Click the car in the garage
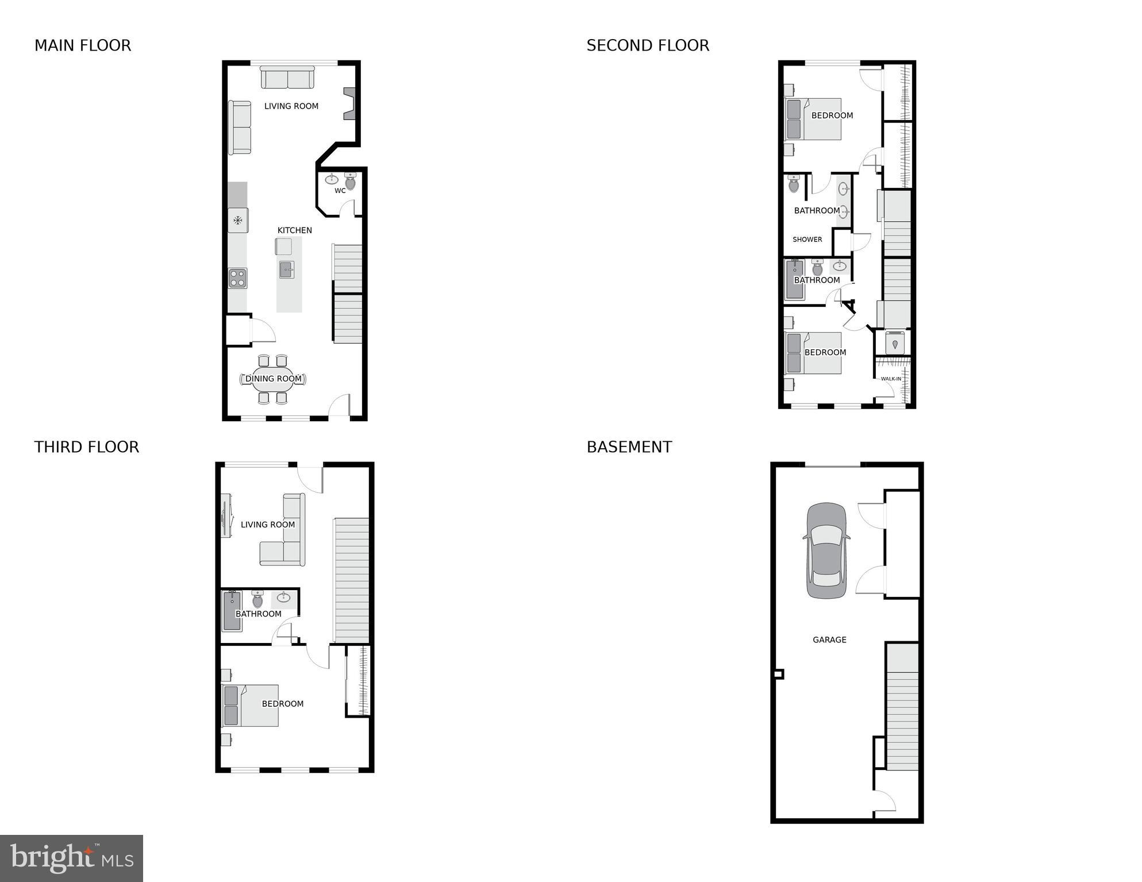click(x=826, y=550)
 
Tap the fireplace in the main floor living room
click(x=349, y=103)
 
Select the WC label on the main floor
click(x=340, y=191)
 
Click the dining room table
click(x=273, y=379)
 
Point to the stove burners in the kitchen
click(x=237, y=278)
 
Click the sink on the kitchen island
click(x=287, y=269)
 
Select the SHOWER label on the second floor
click(x=807, y=240)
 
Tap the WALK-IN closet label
click(x=891, y=379)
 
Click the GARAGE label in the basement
click(x=829, y=640)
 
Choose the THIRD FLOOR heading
click(x=86, y=447)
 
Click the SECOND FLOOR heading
click(x=648, y=45)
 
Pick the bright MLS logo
click(x=71, y=858)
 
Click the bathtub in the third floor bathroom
click(x=232, y=611)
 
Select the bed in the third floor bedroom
click(x=251, y=705)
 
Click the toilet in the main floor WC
click(x=350, y=182)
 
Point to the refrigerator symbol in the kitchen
click(x=237, y=220)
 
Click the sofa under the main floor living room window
click(x=287, y=78)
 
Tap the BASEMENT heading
click(x=629, y=447)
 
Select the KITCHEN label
click(x=294, y=230)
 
